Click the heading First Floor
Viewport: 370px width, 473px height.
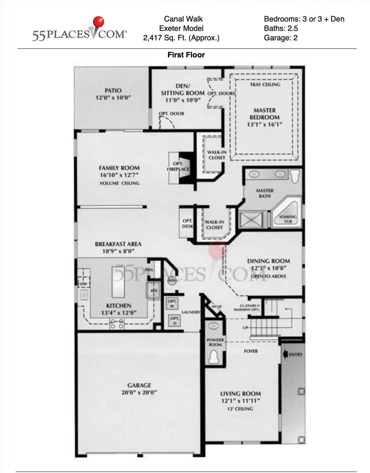coord(186,55)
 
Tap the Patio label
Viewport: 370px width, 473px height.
coord(113,91)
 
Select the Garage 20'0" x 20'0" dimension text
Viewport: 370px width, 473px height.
coord(139,393)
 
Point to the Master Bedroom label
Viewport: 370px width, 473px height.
coord(264,114)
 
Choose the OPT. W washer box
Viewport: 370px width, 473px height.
coord(172,304)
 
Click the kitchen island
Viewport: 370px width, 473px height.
coord(119,281)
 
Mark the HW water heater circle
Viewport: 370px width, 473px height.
coord(172,281)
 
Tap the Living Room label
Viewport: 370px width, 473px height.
coord(240,394)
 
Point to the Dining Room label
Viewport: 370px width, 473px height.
coord(268,261)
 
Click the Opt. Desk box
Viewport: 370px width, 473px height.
coord(187,224)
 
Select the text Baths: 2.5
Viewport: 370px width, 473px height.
coord(281,28)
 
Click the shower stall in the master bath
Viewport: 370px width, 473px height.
coord(251,220)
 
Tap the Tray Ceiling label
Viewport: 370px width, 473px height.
coord(265,84)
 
